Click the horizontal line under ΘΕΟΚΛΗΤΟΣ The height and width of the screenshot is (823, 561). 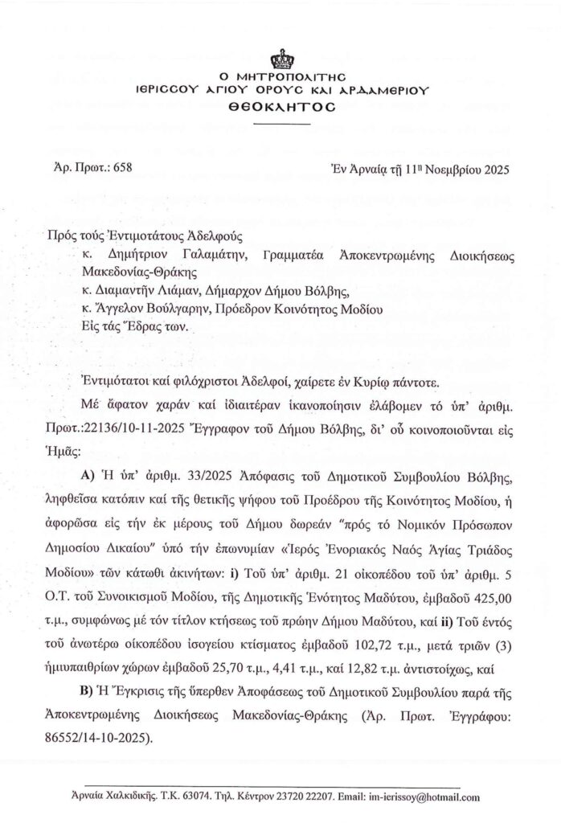(280, 125)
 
